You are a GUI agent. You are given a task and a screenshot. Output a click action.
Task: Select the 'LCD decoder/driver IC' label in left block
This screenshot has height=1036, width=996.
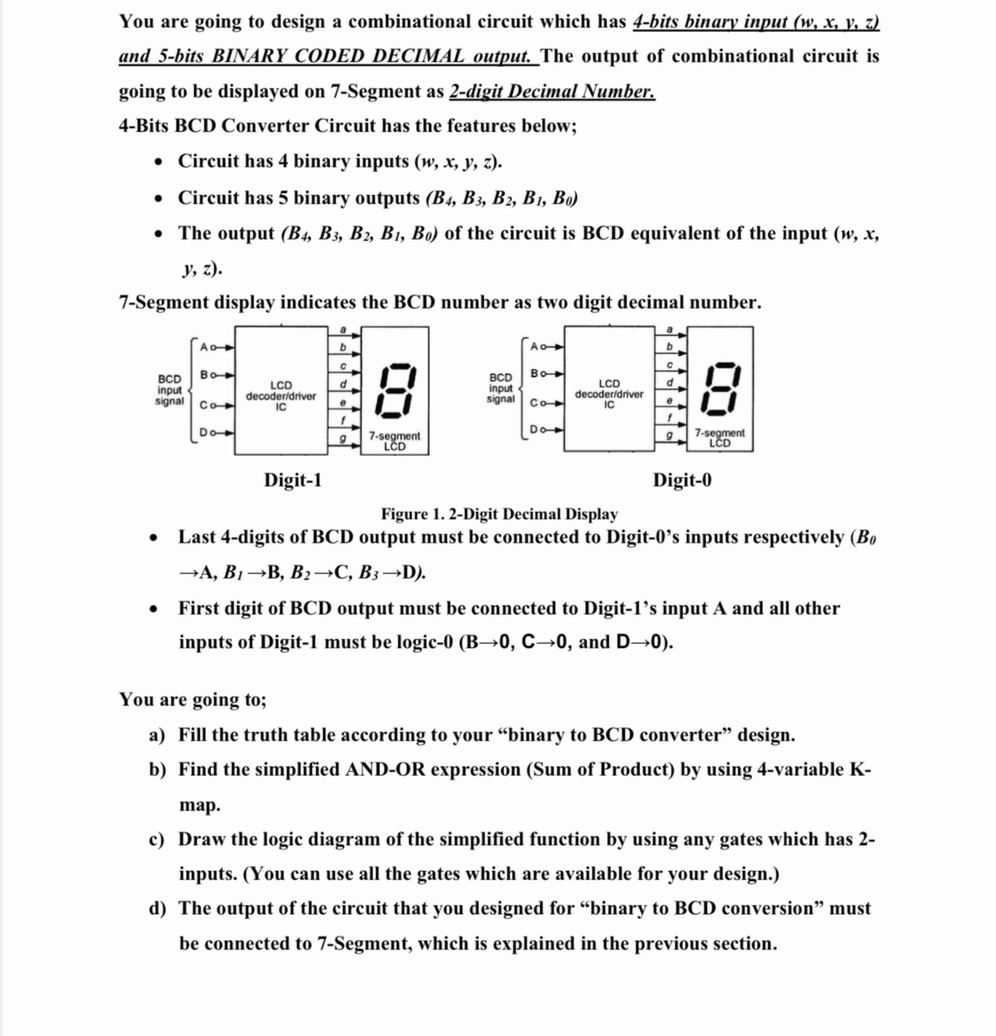point(281,396)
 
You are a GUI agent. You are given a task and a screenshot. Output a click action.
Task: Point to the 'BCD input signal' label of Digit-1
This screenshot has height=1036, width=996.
point(169,390)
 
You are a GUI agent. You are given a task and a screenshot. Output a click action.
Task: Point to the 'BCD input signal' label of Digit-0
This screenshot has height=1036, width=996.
point(500,388)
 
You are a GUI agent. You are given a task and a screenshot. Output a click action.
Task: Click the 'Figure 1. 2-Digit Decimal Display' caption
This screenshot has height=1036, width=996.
point(499,514)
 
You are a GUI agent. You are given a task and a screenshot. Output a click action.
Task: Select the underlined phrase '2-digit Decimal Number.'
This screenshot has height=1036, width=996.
point(552,91)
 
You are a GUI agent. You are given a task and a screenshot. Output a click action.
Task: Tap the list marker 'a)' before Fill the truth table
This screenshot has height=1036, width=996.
point(157,735)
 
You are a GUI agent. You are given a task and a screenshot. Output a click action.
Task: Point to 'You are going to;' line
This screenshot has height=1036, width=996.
point(193,699)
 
